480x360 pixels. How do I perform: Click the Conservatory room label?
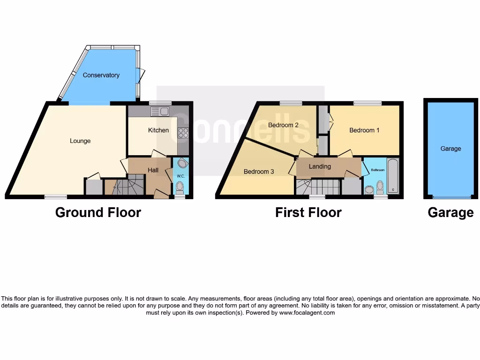coord(101,75)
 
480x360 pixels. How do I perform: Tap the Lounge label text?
coord(80,141)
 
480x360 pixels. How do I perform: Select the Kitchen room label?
coord(158,130)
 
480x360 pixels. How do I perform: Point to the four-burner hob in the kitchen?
coord(183,133)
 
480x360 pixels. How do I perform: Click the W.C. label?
coord(180,176)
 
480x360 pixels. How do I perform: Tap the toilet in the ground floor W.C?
coord(179,187)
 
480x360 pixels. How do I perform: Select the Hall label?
coord(153,170)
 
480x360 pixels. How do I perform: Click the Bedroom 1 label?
coord(364,130)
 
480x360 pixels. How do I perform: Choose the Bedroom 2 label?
coord(283,125)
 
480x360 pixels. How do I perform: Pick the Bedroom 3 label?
coord(259,172)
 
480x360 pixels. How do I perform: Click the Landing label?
coord(320,166)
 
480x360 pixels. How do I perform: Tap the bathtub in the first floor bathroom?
coord(392,177)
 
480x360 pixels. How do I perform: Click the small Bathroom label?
coord(378,170)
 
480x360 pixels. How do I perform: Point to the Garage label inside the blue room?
coord(450,149)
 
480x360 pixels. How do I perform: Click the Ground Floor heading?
coord(98,212)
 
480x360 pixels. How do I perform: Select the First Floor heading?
coord(308,212)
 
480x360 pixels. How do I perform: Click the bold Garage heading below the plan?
coord(450,213)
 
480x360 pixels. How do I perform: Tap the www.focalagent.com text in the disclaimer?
coord(307,313)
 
